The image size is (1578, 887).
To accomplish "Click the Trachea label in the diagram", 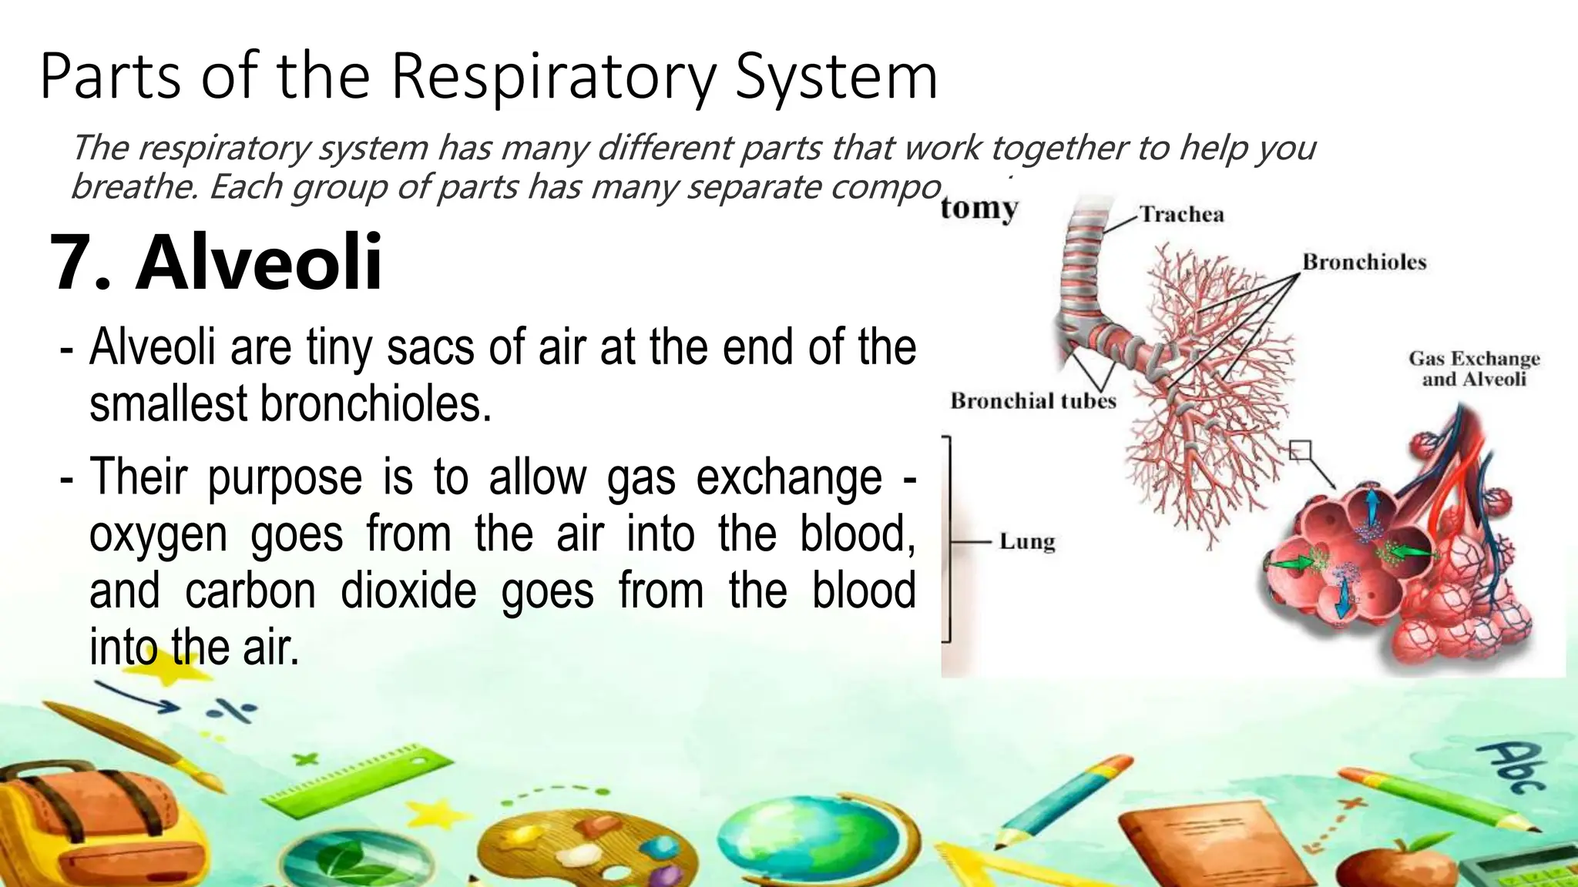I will point(1181,214).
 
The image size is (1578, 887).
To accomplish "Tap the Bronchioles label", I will point(1364,263).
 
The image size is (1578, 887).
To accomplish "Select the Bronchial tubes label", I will point(1032,400).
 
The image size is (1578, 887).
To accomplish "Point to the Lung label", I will point(1026,541).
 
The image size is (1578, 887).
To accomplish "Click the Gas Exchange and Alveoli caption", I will point(1473,369).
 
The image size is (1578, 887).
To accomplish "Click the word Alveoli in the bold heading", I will point(259,263).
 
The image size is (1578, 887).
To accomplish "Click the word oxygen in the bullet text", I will point(158,535).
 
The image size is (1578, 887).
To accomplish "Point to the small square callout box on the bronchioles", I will point(1300,450).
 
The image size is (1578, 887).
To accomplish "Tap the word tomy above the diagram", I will point(979,208).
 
